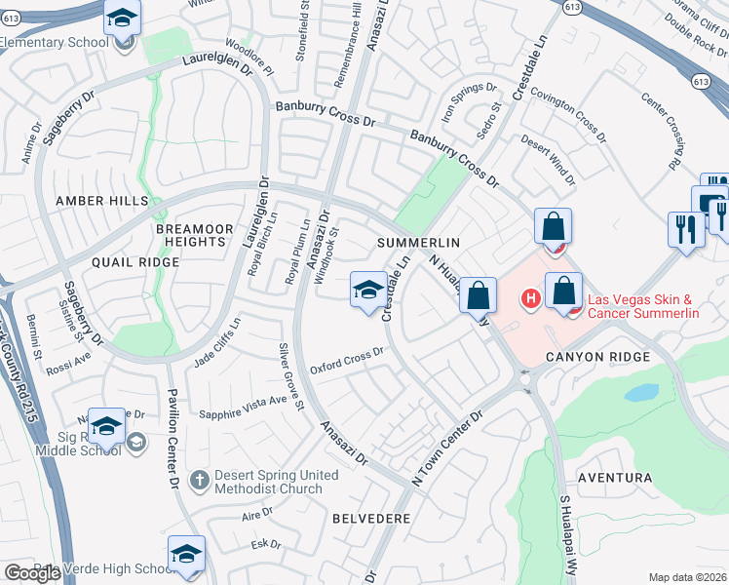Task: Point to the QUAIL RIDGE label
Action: (x=135, y=262)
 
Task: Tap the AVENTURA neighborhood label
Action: (x=614, y=478)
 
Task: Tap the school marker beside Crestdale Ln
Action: (x=367, y=290)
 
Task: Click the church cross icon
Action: (x=199, y=480)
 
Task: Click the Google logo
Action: (x=31, y=573)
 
